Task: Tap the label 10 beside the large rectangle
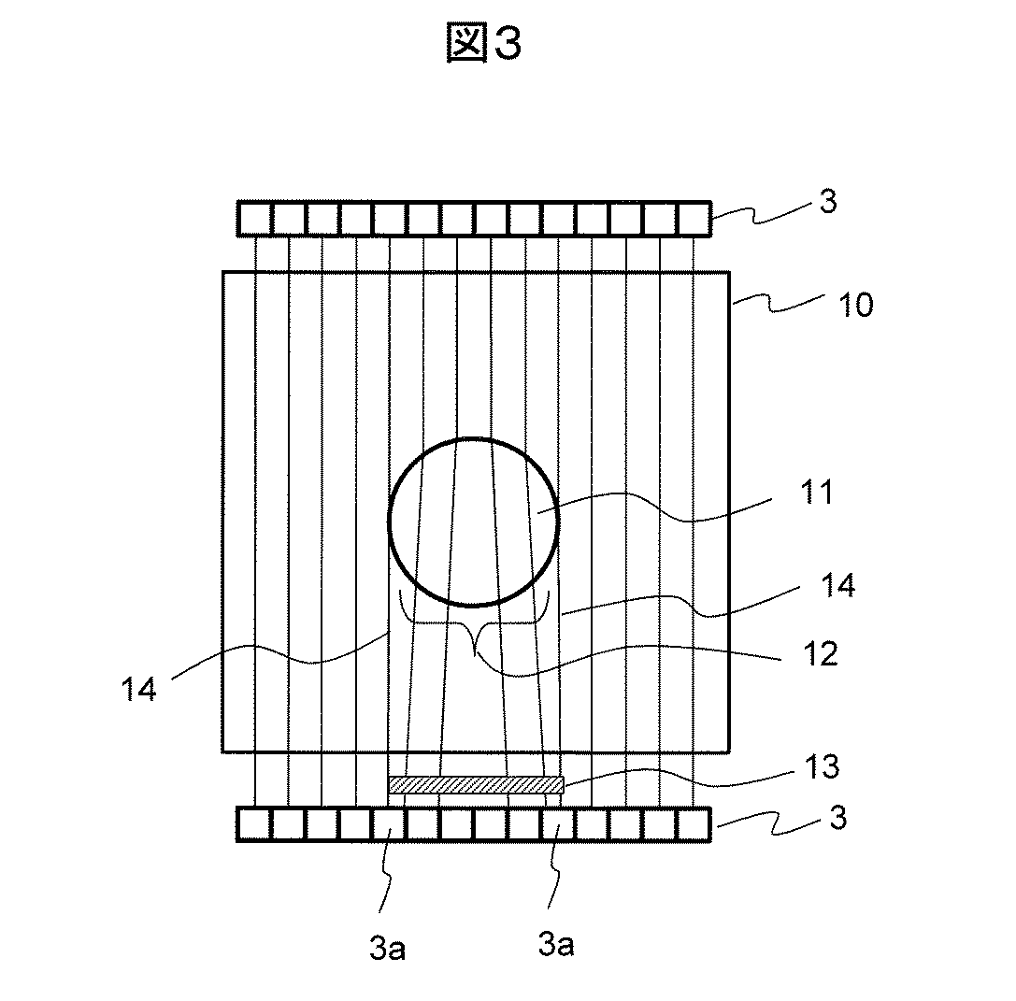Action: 851,304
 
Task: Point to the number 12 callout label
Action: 820,653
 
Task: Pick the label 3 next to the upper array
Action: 827,203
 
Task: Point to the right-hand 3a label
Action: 555,944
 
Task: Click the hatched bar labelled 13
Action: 476,785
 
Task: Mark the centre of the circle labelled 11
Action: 474,522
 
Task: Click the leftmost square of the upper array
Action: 254,219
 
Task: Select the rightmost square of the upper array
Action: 694,219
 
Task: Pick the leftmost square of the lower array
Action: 254,824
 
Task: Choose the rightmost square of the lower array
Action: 694,824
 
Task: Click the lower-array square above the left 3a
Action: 390,824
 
